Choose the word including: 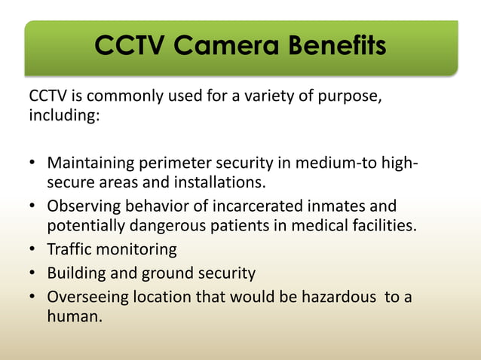[64, 118]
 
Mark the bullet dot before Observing [32, 207]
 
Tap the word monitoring [139, 250]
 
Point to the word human [74, 316]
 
